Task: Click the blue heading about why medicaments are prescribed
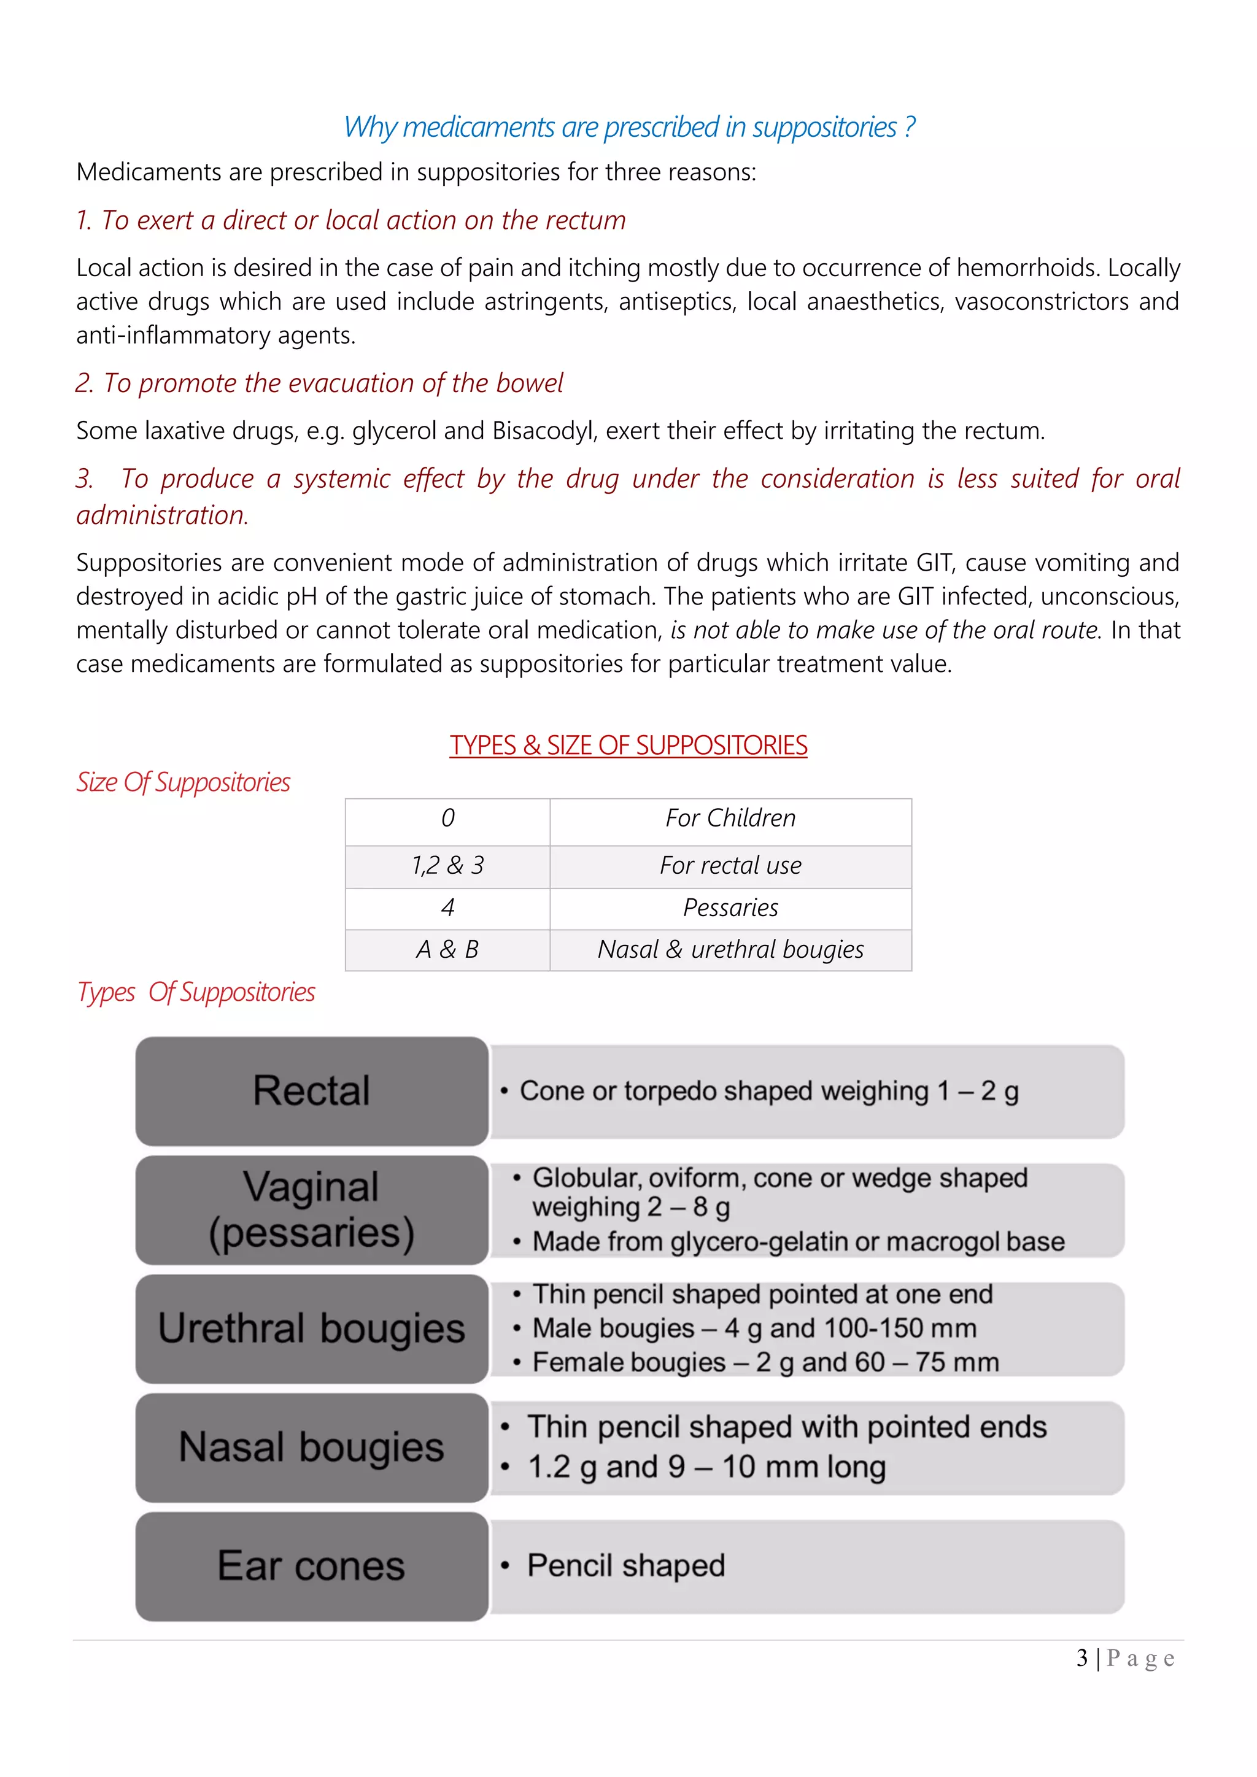[628, 127]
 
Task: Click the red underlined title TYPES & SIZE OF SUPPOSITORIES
[628, 746]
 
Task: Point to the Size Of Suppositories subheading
[184, 782]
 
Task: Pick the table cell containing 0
[447, 819]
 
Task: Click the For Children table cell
[730, 819]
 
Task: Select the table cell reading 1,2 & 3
[447, 866]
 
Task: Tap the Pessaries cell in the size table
[730, 908]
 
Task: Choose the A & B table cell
[447, 950]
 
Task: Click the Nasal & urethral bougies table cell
[730, 950]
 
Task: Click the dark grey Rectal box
[312, 1090]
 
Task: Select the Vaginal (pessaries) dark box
[312, 1209]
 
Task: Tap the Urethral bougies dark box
[312, 1329]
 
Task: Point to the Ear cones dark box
[312, 1567]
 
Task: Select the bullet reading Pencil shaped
[625, 1566]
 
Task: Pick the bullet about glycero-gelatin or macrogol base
[797, 1241]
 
